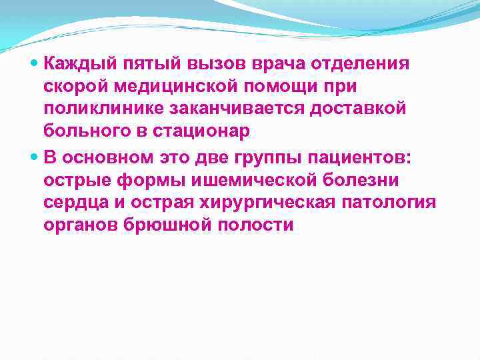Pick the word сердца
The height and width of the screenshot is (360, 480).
click(x=75, y=203)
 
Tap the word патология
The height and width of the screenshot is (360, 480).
click(x=393, y=203)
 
